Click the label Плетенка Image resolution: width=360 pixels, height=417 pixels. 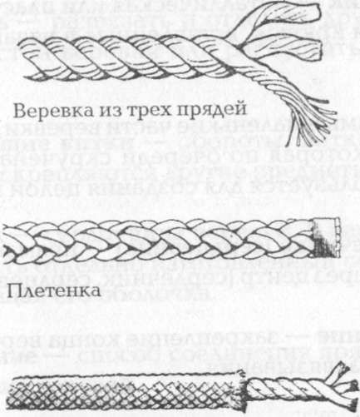(x=45, y=292)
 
